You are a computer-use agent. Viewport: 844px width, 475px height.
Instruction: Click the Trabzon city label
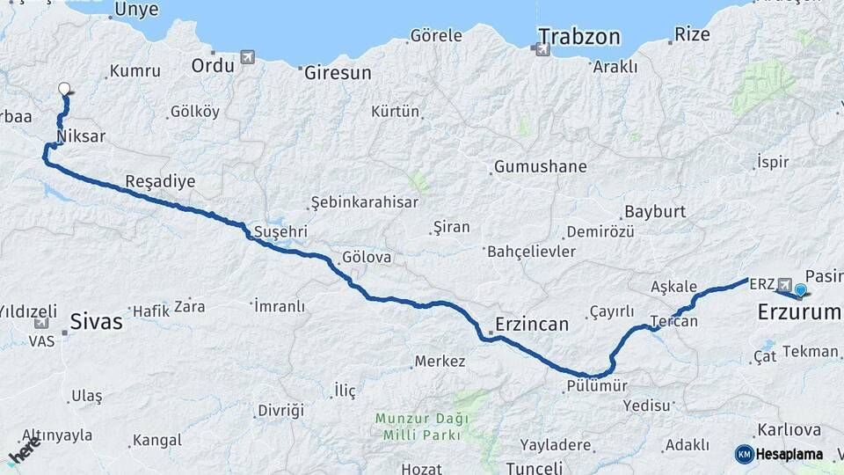pyautogui.click(x=579, y=37)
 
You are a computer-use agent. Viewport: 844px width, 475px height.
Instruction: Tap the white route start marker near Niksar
pyautogui.click(x=63, y=88)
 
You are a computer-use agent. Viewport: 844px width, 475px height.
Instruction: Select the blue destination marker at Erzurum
pyautogui.click(x=800, y=289)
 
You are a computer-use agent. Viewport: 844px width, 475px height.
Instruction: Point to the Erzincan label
pyautogui.click(x=531, y=324)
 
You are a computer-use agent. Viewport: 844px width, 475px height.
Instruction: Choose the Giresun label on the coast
pyautogui.click(x=338, y=73)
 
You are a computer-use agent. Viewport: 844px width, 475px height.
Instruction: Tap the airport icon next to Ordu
pyautogui.click(x=248, y=58)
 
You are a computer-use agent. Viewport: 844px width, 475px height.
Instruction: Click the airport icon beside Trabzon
pyautogui.click(x=540, y=49)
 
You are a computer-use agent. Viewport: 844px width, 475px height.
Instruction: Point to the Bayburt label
pyautogui.click(x=654, y=212)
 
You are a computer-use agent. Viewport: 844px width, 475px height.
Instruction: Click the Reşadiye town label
pyautogui.click(x=160, y=181)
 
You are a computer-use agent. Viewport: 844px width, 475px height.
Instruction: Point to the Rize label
pyautogui.click(x=691, y=35)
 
